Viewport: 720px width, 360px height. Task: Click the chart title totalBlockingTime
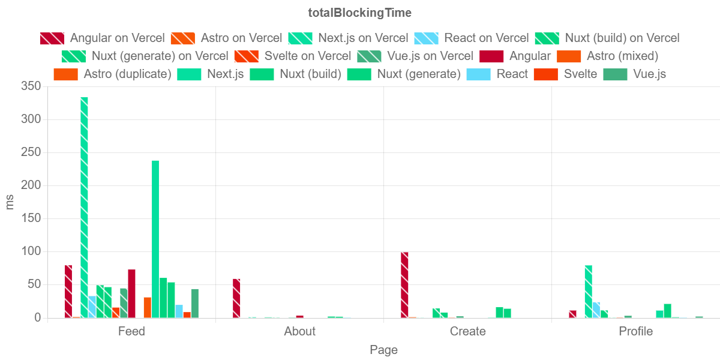click(x=360, y=13)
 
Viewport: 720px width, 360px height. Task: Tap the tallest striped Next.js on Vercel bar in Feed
click(x=85, y=207)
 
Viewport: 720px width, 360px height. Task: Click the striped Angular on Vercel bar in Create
click(x=404, y=284)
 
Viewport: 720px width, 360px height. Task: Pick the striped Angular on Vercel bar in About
click(x=236, y=298)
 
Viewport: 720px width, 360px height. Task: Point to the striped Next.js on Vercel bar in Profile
click(x=589, y=291)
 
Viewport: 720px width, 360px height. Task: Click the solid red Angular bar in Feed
click(x=131, y=293)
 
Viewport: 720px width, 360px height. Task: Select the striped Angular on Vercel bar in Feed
click(x=68, y=291)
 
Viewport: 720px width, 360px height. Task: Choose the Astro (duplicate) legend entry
click(x=112, y=74)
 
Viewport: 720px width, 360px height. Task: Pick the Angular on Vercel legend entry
click(x=102, y=38)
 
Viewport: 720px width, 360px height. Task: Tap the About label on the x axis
click(x=299, y=331)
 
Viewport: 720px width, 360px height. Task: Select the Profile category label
click(x=635, y=331)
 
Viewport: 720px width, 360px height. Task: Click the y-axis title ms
click(x=10, y=202)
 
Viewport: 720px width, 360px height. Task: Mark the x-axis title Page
click(x=383, y=350)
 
